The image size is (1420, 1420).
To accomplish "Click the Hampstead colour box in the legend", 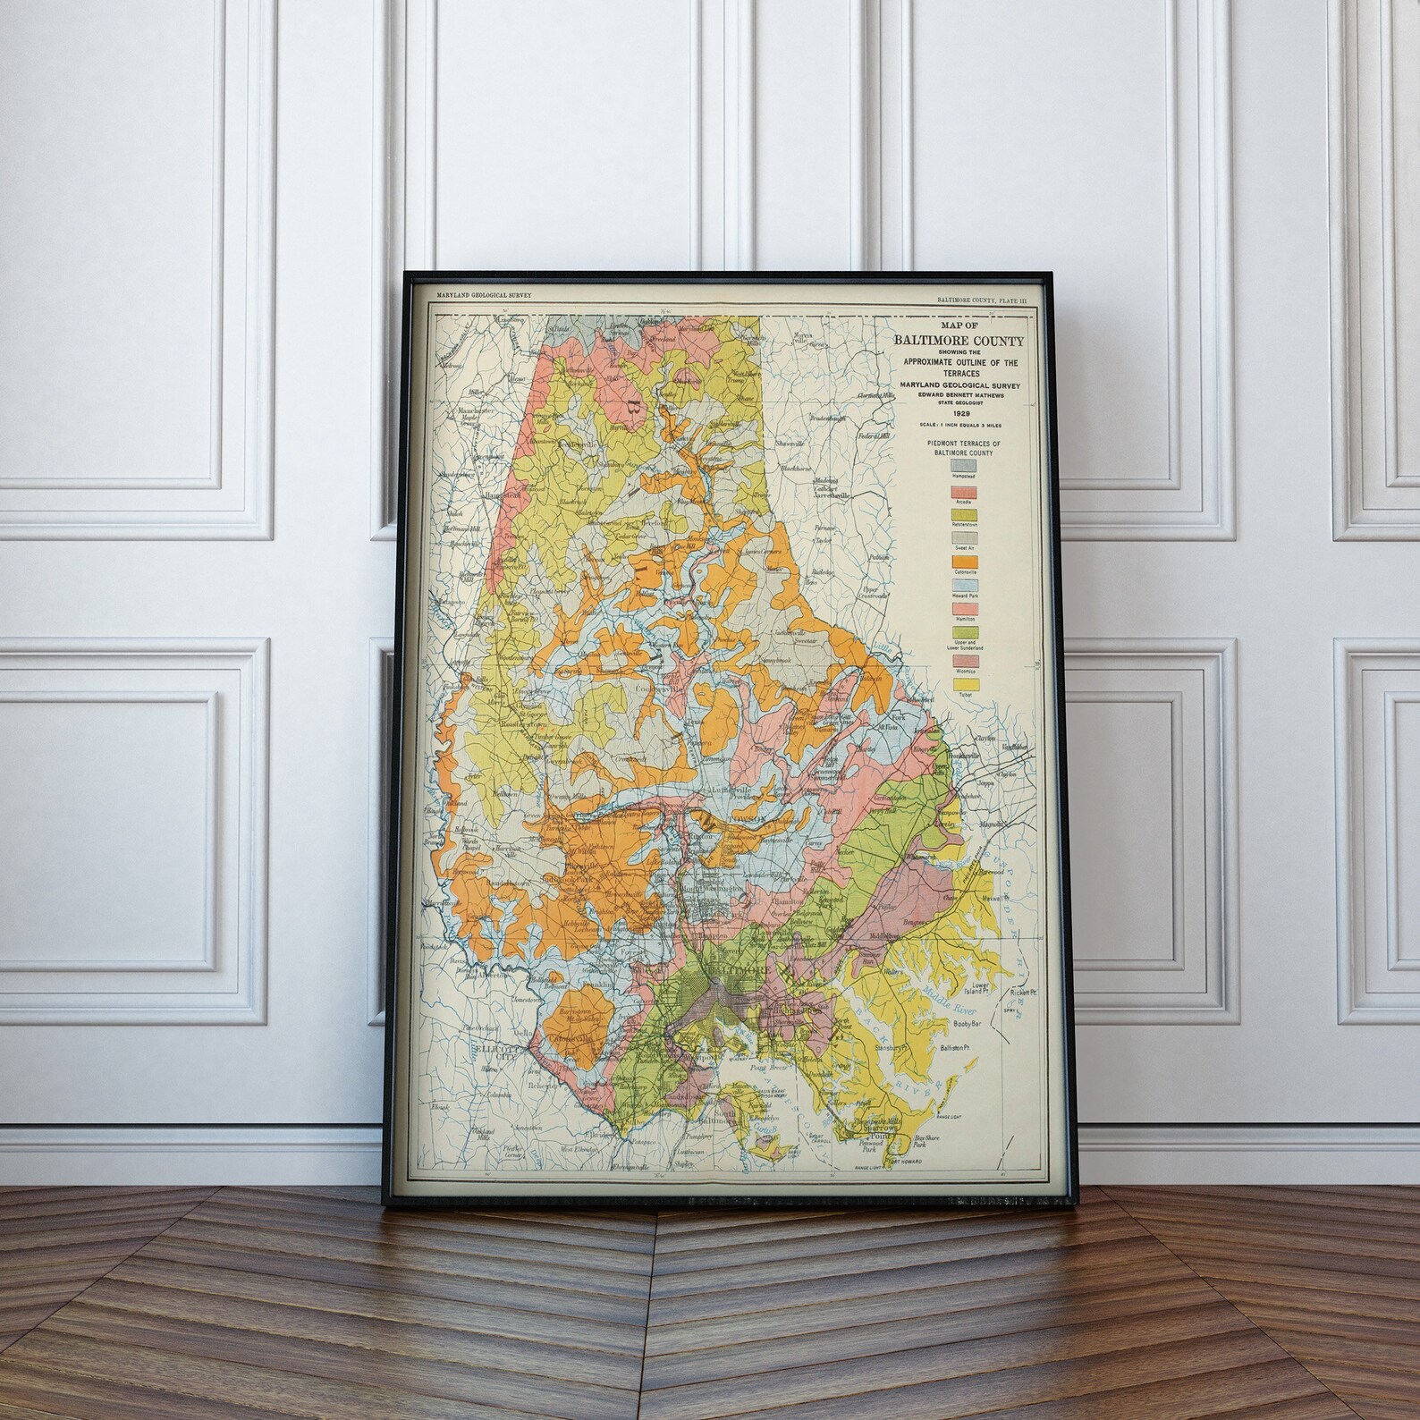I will pos(964,465).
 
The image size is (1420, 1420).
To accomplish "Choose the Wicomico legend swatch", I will pos(966,661).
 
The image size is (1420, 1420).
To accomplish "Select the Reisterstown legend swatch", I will pos(964,515).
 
